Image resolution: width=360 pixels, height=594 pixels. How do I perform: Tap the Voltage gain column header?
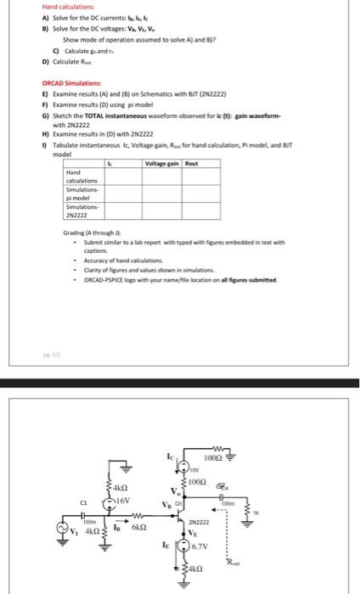tap(162, 161)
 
